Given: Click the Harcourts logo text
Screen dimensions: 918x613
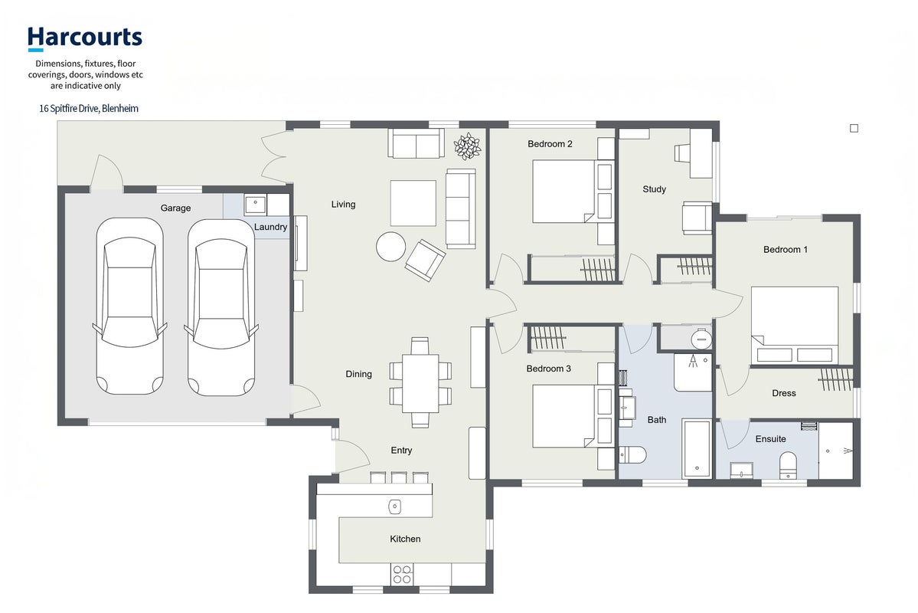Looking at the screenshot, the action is tap(85, 38).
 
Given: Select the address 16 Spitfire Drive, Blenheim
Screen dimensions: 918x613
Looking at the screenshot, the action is tap(88, 108).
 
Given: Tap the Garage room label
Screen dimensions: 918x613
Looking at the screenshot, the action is tap(175, 208).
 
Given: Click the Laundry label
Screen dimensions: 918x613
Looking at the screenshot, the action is tap(270, 227).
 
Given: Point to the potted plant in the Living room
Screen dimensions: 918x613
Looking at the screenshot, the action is tap(467, 146).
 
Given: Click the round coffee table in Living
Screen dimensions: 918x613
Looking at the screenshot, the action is tap(390, 247).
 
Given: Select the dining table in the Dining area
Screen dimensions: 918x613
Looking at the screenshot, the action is tap(420, 382).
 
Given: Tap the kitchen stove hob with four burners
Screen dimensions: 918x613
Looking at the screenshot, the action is tap(402, 574).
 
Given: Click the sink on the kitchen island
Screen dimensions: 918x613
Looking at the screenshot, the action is tap(395, 506).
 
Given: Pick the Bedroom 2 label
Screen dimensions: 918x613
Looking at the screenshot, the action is tap(550, 144).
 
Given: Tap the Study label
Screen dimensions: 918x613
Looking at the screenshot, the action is tap(654, 189).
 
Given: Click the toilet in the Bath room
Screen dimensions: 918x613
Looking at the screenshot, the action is tap(633, 454).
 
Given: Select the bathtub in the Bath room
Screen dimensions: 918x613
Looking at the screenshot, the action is tap(697, 449).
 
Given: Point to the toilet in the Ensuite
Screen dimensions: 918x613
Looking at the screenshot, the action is tap(789, 465).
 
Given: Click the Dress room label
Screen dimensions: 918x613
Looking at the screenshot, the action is tap(784, 393).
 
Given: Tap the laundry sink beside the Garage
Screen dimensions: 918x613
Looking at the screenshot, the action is tap(255, 205).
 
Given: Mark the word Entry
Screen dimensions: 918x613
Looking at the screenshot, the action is tap(401, 451).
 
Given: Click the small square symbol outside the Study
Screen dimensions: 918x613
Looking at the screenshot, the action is tap(854, 128).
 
